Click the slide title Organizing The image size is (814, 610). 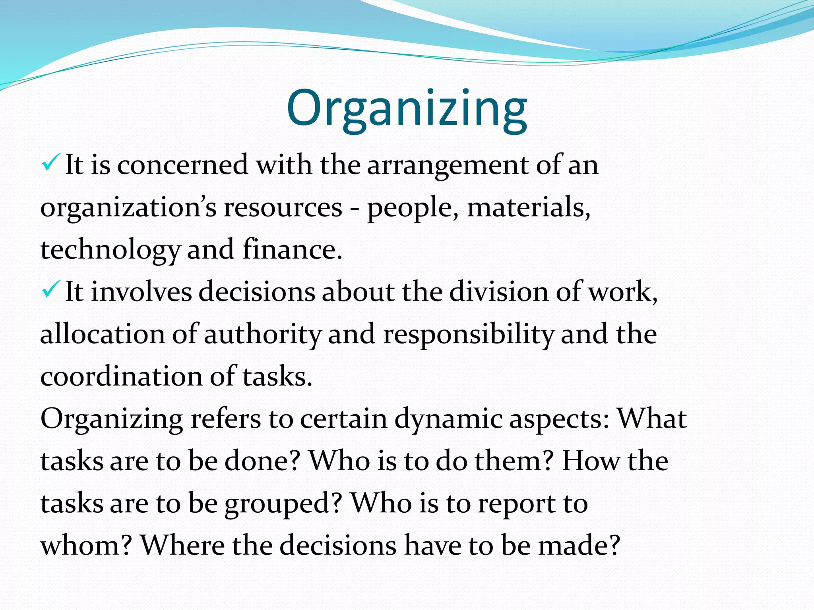pos(407,108)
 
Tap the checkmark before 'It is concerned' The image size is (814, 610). pos(50,163)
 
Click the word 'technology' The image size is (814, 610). pos(110,251)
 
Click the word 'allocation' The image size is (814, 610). pos(102,334)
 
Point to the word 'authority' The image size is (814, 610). pos(262,335)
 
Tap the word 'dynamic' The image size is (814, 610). pos(448,420)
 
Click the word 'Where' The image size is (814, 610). pos(183,545)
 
